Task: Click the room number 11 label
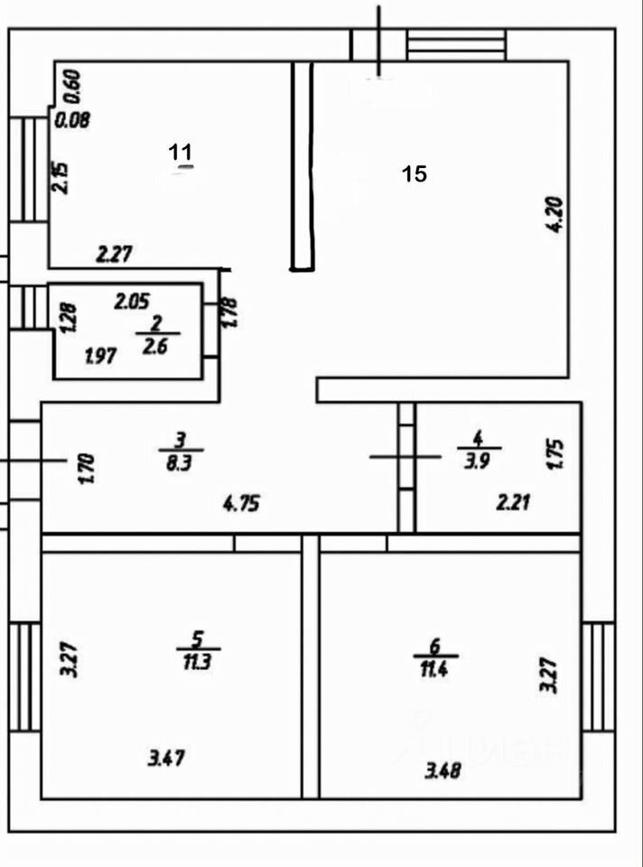182,152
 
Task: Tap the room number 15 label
415,173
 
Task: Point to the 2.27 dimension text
115,255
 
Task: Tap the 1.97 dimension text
101,357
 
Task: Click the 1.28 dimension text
69,319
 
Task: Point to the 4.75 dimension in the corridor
241,504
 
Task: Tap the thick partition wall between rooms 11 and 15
303,166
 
